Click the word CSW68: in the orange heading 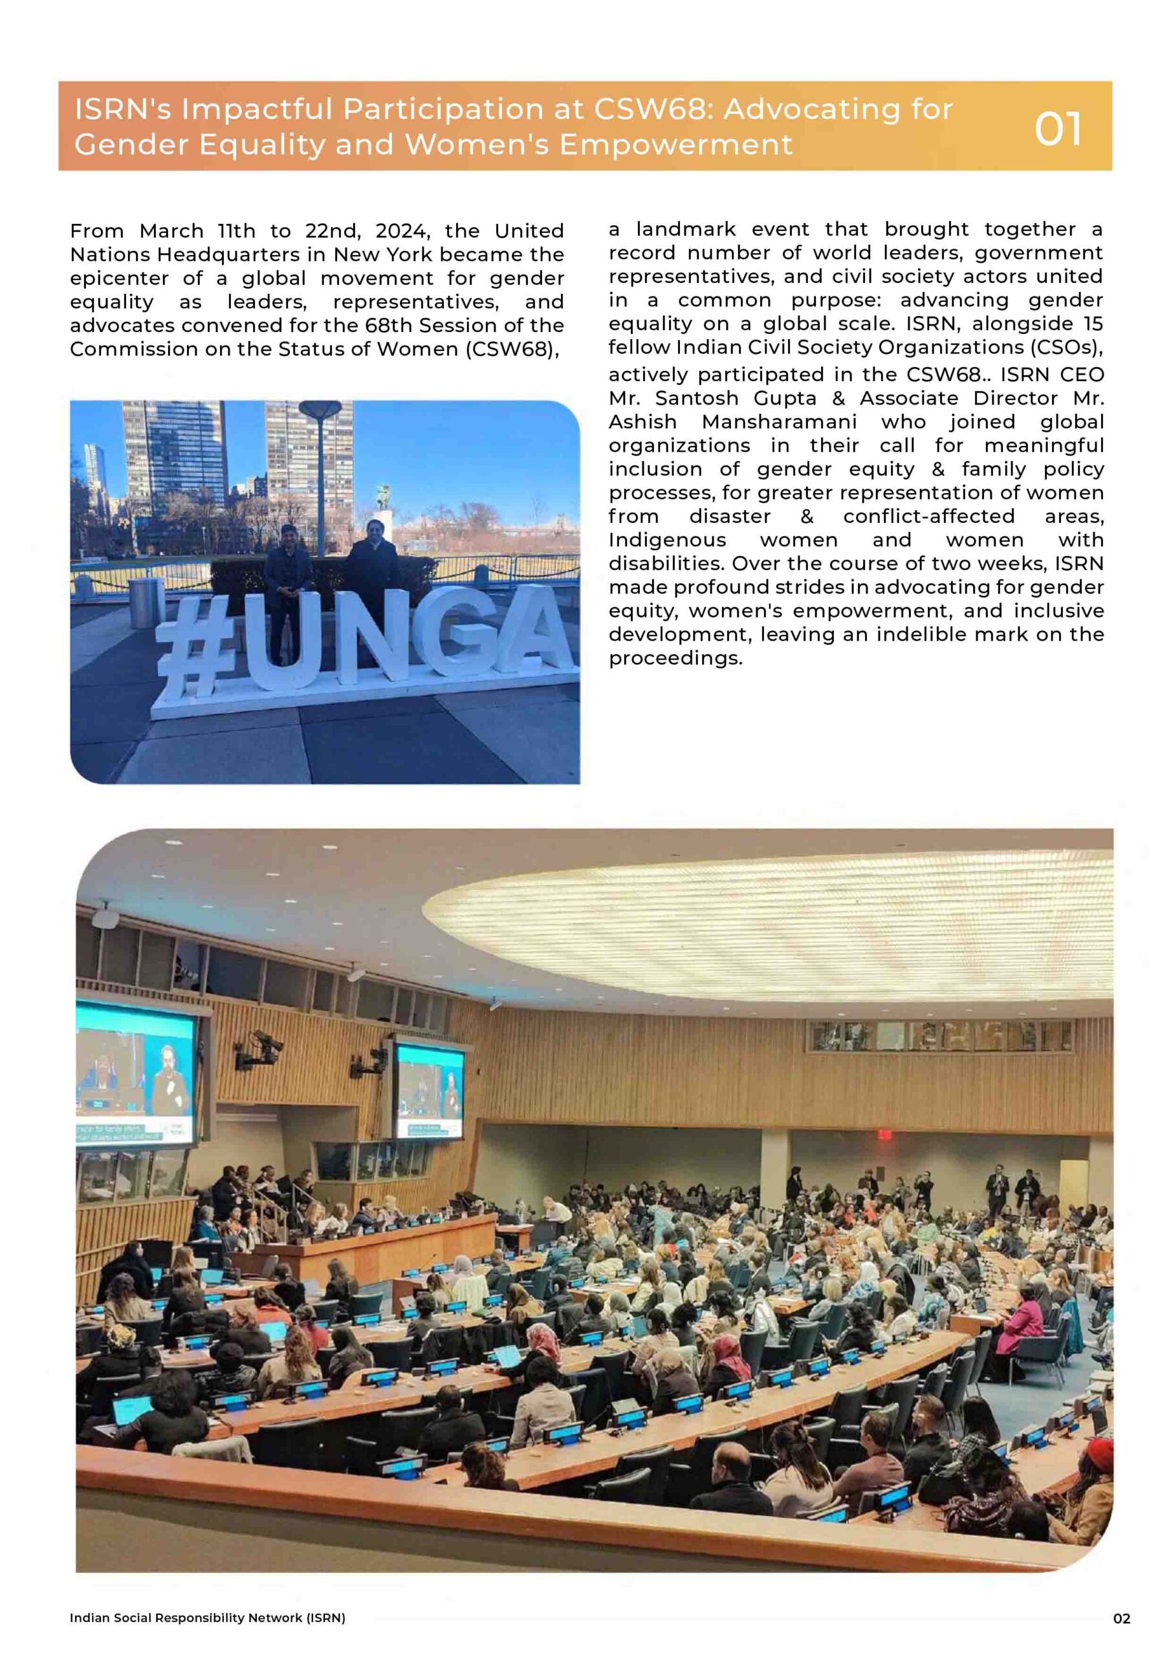click(653, 109)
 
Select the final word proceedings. click(675, 659)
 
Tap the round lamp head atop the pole click(320, 408)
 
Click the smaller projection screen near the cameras click(430, 1091)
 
